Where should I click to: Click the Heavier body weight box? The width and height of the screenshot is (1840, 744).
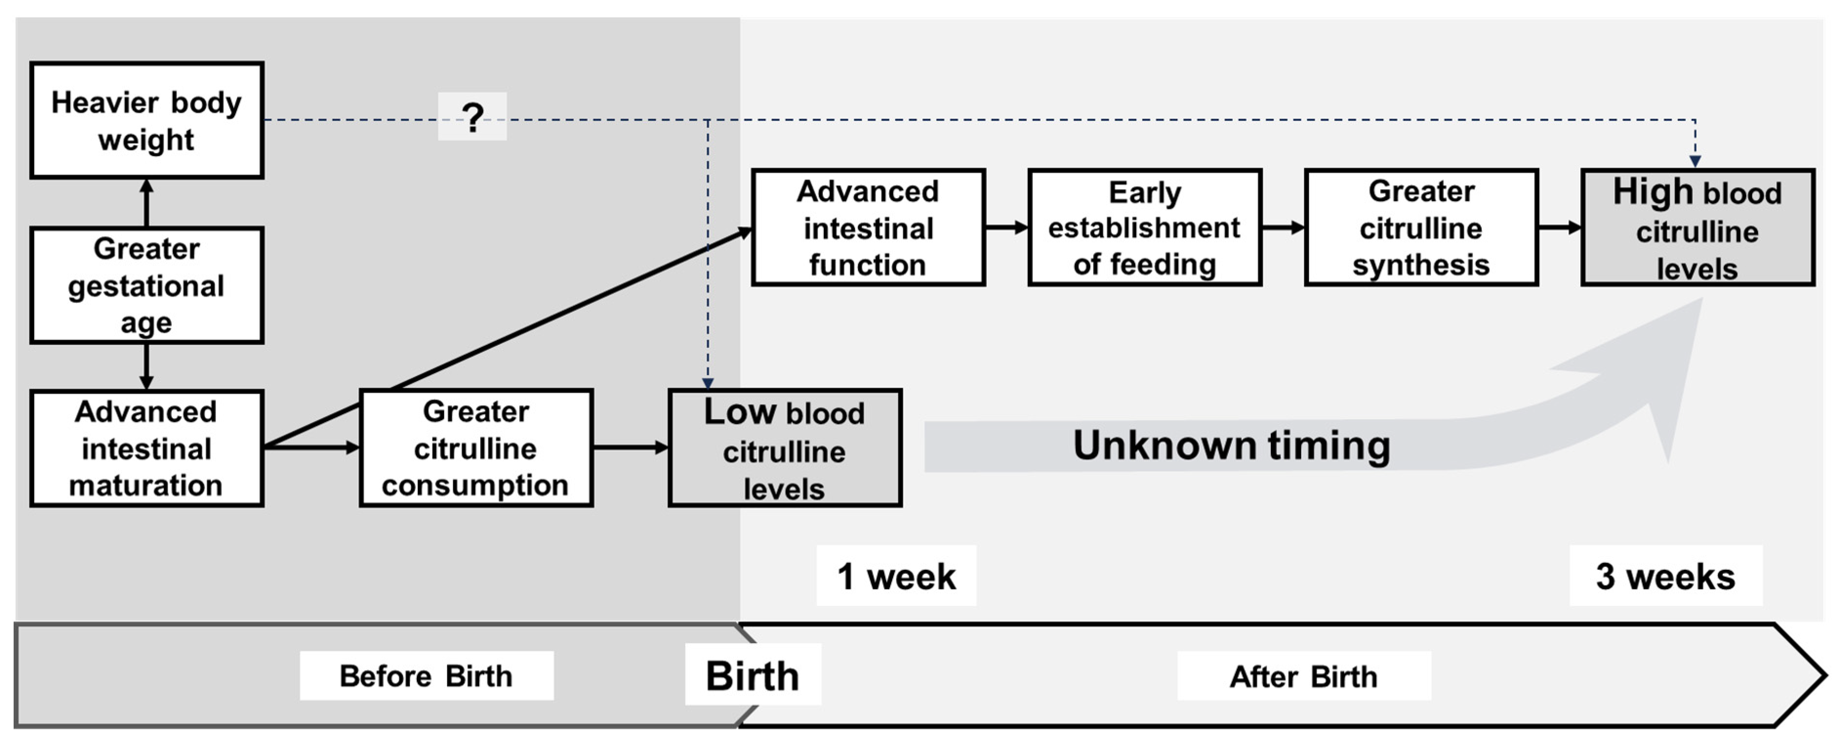coord(146,120)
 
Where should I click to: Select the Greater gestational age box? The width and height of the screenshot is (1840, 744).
coord(146,285)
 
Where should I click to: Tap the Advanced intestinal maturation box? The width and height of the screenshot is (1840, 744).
coord(146,448)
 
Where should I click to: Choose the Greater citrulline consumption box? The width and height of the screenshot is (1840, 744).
coord(476,448)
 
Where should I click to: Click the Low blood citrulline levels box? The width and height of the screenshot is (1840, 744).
coord(784,448)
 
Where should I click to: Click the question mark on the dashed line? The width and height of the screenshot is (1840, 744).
coord(472,117)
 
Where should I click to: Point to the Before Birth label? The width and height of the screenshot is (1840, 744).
coord(427,676)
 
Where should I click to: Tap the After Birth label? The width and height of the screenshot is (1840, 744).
coord(1304,676)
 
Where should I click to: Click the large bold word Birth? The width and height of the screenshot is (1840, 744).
coord(752,676)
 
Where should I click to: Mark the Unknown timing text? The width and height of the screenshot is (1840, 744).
coord(1231,445)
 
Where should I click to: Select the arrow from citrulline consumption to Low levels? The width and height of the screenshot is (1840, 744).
coord(630,448)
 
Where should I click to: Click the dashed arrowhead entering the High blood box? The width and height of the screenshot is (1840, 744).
coord(1695,161)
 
